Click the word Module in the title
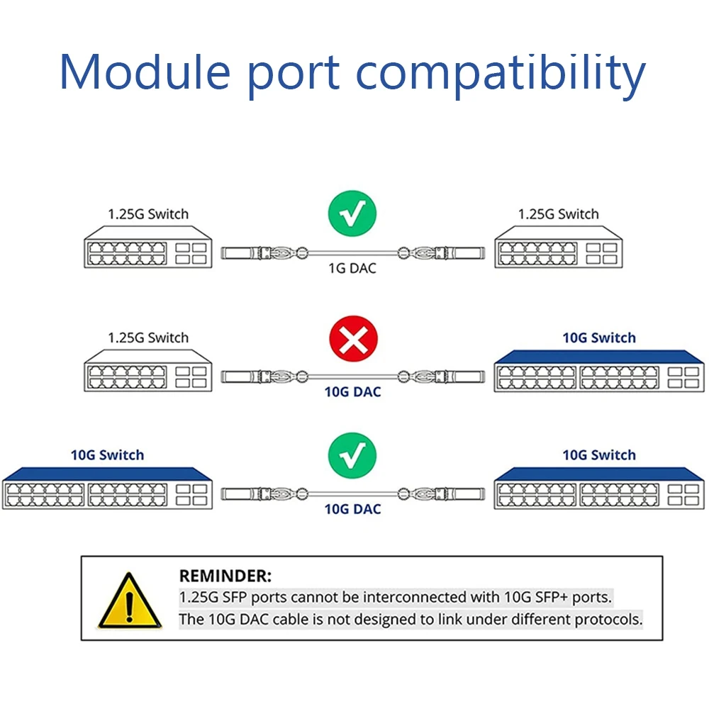tap(145, 72)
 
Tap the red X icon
tap(353, 342)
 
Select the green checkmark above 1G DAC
tap(352, 213)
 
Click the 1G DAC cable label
tap(352, 269)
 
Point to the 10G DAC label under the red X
tap(352, 391)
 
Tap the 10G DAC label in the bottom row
tap(352, 509)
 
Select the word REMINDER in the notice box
tap(225, 576)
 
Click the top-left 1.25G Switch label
tap(148, 214)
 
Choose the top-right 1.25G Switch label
tap(558, 214)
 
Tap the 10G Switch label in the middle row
tap(599, 338)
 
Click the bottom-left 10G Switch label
tap(107, 455)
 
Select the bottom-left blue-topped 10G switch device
tap(107, 489)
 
